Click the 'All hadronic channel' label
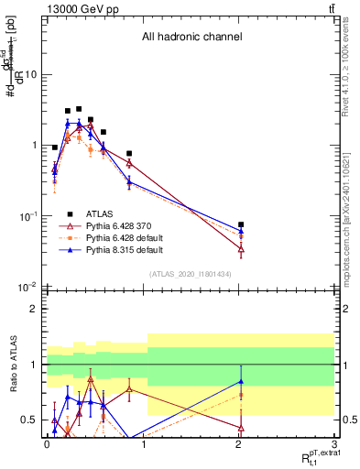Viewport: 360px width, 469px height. [191, 38]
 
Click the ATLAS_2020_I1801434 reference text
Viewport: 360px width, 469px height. [191, 274]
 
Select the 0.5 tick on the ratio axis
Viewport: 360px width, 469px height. [30, 420]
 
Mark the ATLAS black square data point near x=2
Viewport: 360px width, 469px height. [241, 224]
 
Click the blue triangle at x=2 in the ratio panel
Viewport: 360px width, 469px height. [241, 381]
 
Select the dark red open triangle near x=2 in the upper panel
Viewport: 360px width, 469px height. [241, 248]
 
